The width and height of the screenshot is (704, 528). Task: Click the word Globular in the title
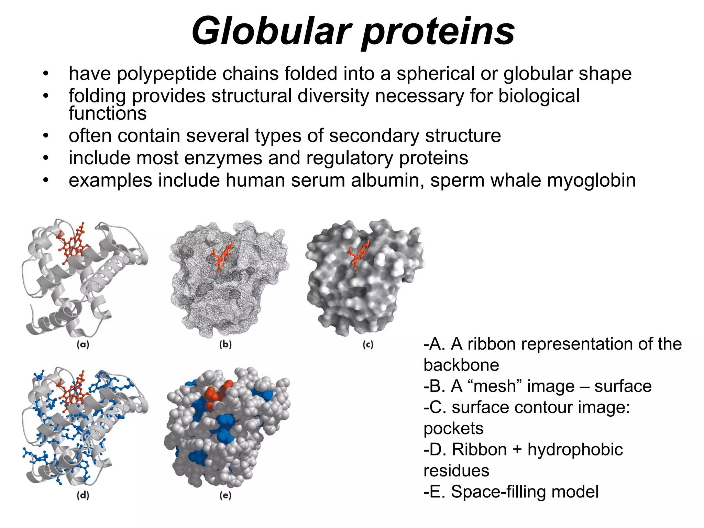point(272,32)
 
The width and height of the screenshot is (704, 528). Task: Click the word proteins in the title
point(439,32)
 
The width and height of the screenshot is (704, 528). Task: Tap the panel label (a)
point(83,344)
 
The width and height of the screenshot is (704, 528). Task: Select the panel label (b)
point(225,344)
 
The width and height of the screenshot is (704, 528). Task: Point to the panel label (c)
point(368,344)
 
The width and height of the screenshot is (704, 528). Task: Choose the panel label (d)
point(83,495)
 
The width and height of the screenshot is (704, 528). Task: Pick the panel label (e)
point(225,495)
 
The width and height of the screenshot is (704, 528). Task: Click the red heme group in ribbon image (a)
point(73,244)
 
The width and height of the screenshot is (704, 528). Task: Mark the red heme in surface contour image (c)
point(357,254)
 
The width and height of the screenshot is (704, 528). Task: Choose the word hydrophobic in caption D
point(575,450)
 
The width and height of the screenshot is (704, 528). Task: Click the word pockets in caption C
point(453,429)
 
